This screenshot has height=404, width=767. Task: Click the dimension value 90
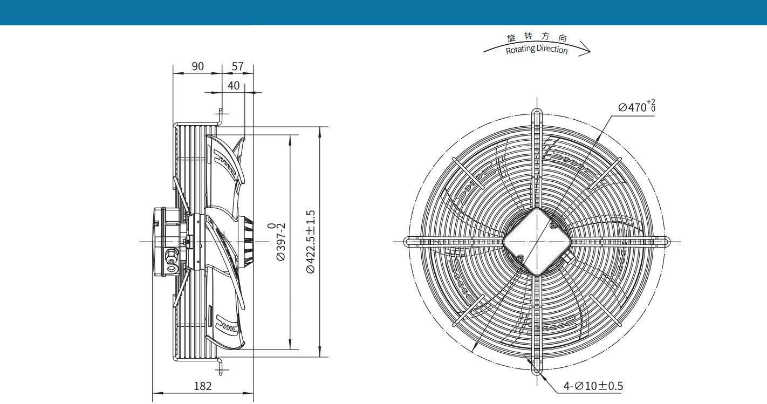[197, 66]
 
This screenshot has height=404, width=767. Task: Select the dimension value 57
[238, 66]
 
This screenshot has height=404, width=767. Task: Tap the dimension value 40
[234, 86]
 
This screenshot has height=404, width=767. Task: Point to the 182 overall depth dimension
[203, 386]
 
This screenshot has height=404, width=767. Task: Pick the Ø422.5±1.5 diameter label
[310, 242]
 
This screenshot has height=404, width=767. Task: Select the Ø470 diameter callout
[637, 106]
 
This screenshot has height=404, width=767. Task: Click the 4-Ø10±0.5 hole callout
[593, 386]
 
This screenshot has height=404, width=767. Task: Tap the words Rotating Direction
[537, 50]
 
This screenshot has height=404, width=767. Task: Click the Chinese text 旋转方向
[537, 37]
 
